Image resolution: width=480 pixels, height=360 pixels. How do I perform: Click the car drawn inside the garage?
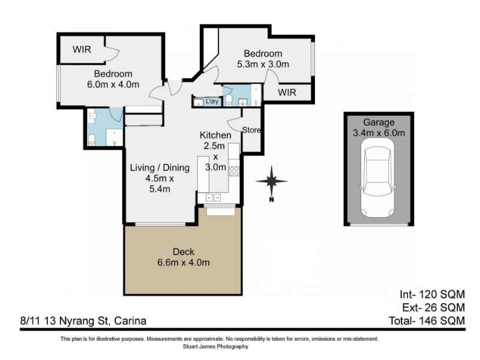click(x=378, y=178)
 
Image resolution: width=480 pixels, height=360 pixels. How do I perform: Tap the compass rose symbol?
click(x=272, y=181)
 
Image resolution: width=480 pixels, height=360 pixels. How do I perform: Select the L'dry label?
click(x=212, y=101)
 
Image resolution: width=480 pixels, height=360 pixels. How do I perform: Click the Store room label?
click(x=251, y=130)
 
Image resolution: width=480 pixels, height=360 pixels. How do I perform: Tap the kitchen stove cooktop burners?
click(x=234, y=171)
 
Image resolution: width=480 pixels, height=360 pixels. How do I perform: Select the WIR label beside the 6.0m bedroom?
click(x=82, y=49)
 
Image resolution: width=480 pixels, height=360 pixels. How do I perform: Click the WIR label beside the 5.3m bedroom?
click(x=287, y=92)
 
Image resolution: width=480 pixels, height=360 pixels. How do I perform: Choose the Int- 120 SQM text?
click(x=432, y=294)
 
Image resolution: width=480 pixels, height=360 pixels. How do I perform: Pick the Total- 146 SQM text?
click(x=427, y=320)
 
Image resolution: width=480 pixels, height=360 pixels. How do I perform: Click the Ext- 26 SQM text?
click(x=433, y=307)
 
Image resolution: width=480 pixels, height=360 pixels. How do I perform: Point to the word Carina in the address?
click(x=130, y=321)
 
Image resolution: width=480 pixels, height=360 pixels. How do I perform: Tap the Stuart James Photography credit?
click(x=215, y=347)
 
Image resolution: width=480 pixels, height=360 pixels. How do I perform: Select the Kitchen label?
click(x=215, y=135)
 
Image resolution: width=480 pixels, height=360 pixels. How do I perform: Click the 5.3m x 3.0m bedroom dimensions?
click(x=263, y=64)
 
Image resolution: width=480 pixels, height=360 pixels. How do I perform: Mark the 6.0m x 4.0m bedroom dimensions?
click(x=113, y=85)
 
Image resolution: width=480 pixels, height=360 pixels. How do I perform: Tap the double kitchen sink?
click(x=214, y=197)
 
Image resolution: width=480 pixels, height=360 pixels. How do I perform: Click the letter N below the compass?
click(x=271, y=200)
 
